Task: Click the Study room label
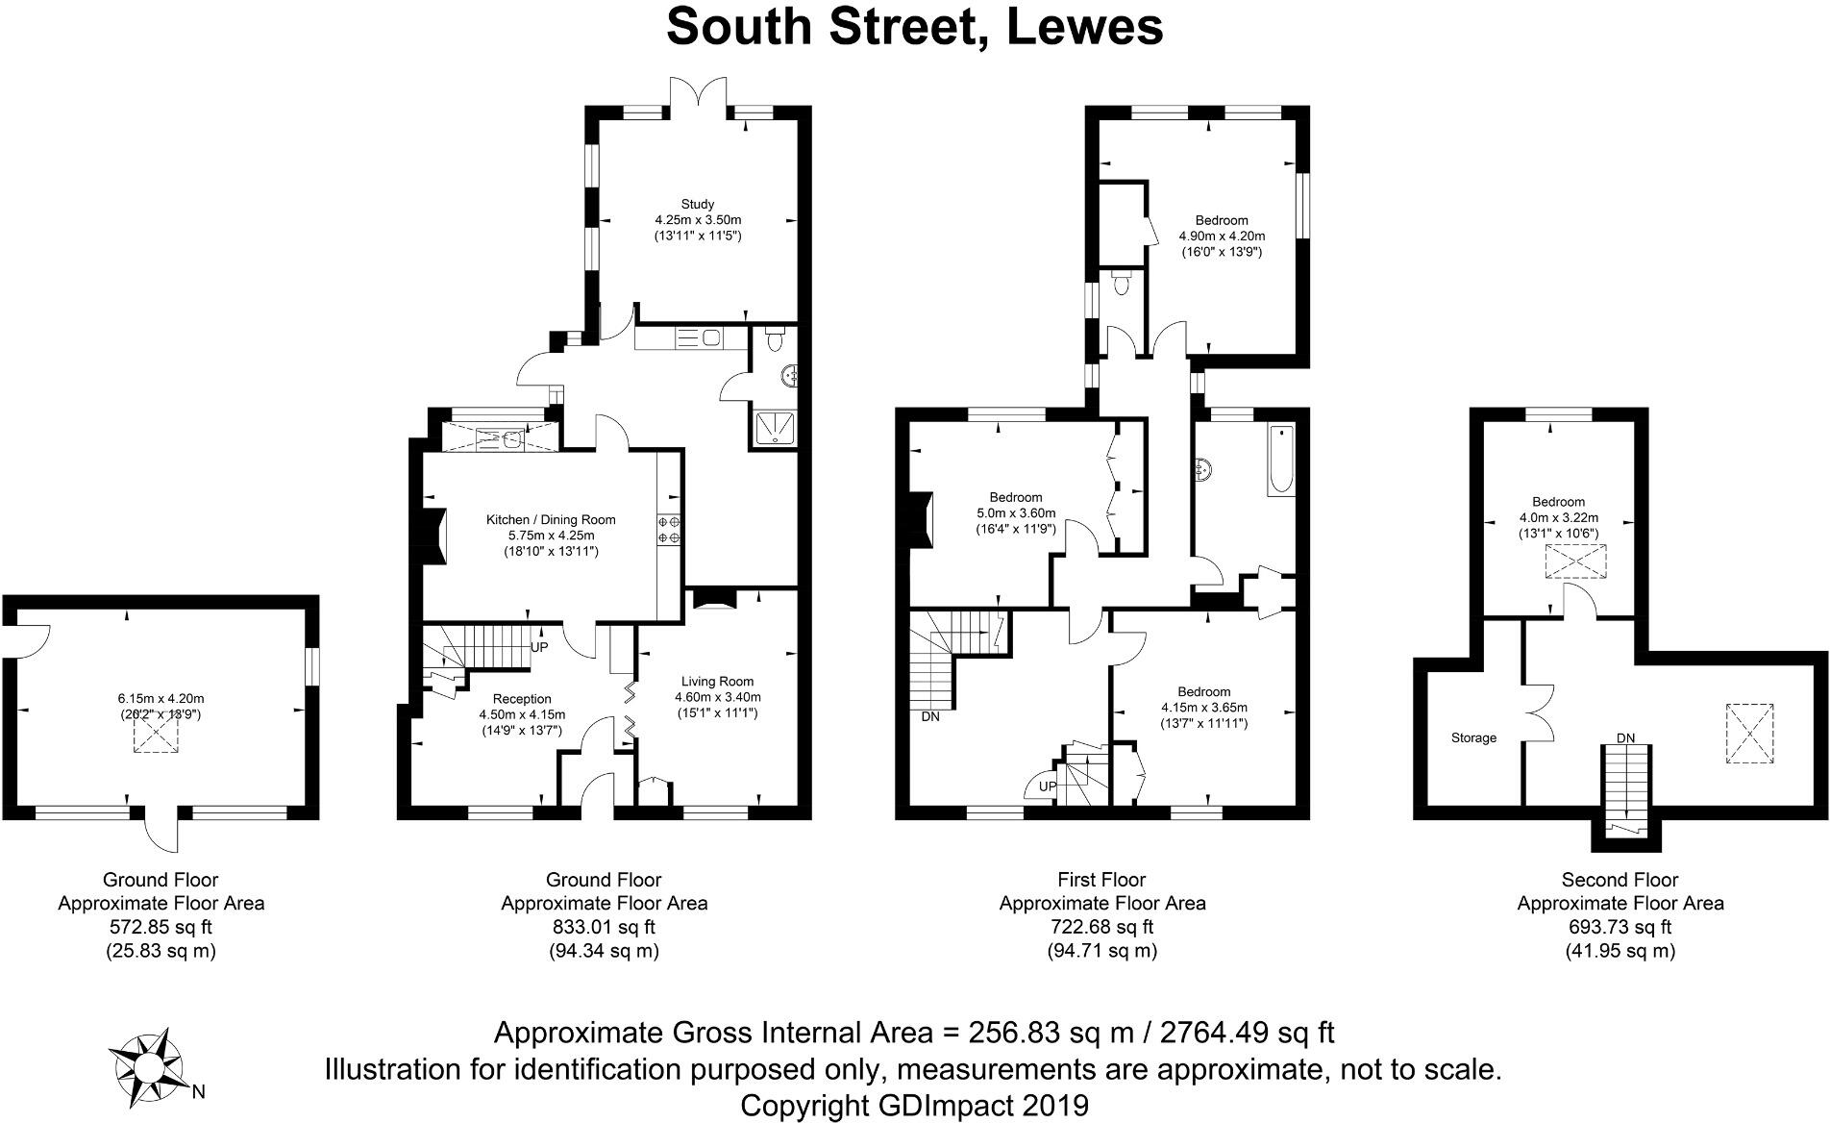point(697,204)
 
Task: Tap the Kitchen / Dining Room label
point(551,520)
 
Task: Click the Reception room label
point(522,699)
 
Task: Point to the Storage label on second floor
point(1473,738)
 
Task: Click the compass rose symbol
point(147,1065)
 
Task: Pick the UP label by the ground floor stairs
point(539,647)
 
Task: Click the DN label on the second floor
point(1624,738)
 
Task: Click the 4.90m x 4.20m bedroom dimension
point(1222,236)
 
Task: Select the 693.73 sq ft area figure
point(1620,927)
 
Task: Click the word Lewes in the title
point(1085,26)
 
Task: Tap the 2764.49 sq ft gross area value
point(1248,1033)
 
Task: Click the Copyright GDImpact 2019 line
point(914,1105)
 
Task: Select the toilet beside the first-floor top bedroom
point(1119,284)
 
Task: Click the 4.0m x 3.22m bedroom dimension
point(1558,517)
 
